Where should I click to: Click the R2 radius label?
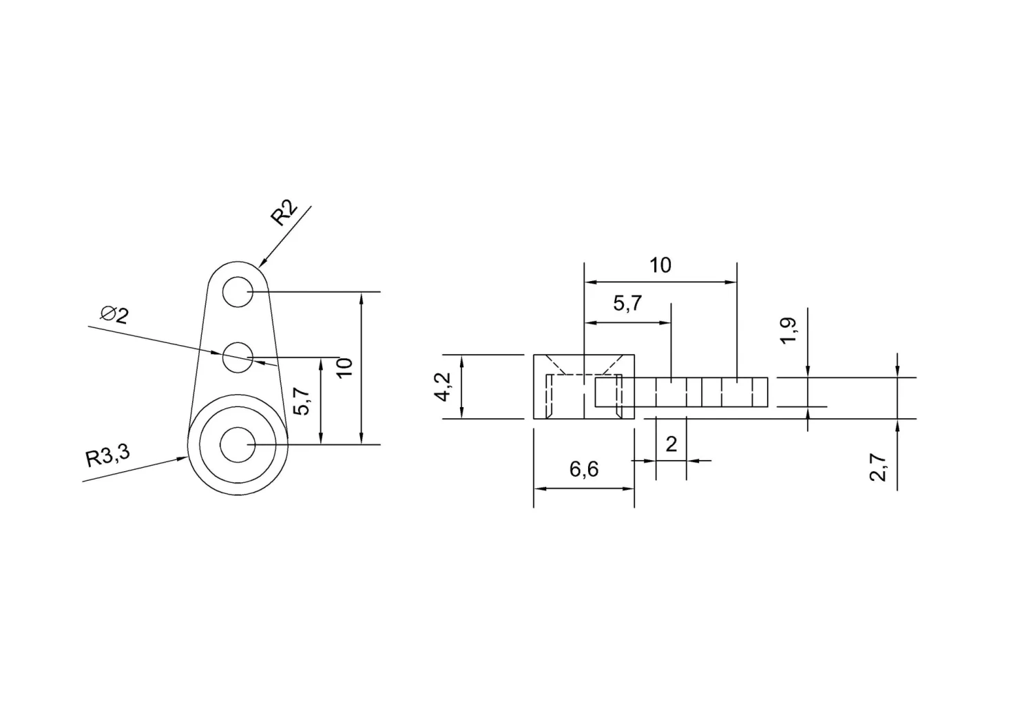(x=284, y=213)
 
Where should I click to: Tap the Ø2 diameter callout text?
(x=114, y=315)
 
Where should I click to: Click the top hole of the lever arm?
(x=238, y=291)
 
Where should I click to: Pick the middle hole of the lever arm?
(x=238, y=357)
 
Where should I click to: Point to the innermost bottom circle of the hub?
(x=238, y=445)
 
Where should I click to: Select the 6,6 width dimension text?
(x=584, y=470)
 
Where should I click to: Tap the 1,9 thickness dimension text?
(x=788, y=331)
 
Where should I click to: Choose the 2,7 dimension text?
(x=877, y=468)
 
